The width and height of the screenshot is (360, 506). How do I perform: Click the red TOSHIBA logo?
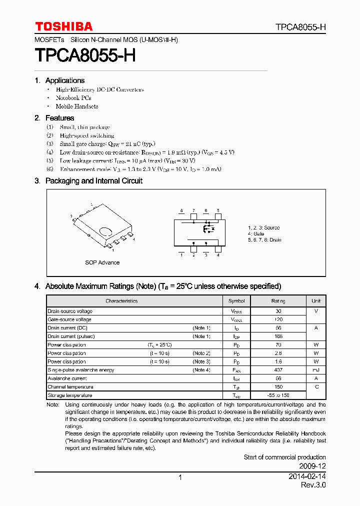click(x=63, y=26)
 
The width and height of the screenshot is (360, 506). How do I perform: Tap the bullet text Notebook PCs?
click(x=73, y=98)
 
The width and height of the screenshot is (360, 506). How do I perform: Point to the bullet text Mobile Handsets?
click(x=76, y=106)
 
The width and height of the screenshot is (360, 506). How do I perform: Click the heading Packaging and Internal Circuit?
click(x=93, y=181)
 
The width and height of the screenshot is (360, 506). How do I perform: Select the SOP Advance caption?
click(x=102, y=262)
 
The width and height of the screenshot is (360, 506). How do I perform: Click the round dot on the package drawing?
click(x=106, y=231)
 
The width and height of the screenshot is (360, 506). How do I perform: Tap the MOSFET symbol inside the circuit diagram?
click(x=207, y=229)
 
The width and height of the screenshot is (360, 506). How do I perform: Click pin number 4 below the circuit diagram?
click(x=218, y=255)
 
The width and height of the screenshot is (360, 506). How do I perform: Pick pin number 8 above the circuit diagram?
click(x=181, y=210)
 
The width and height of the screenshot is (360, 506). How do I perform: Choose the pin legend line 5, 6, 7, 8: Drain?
click(x=264, y=240)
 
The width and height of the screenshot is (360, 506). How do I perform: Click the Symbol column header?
click(x=236, y=301)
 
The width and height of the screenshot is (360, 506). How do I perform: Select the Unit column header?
click(x=316, y=301)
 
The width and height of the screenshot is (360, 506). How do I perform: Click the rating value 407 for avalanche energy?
click(x=278, y=370)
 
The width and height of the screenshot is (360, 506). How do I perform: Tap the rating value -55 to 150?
click(x=278, y=395)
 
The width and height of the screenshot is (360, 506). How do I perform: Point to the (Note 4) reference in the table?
click(x=201, y=370)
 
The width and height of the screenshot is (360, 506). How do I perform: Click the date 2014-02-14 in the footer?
click(x=307, y=477)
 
